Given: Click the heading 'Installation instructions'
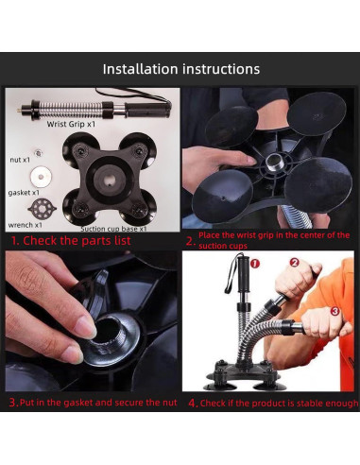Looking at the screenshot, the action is pyautogui.click(x=181, y=69).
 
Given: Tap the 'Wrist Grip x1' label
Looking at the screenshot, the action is pyautogui.click(x=71, y=124).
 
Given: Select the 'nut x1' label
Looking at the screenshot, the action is pyautogui.click(x=20, y=160).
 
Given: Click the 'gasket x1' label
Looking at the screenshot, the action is pyautogui.click(x=24, y=193).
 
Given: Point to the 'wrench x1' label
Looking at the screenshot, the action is pyautogui.click(x=25, y=225).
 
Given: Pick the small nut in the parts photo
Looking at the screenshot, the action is pyautogui.click(x=39, y=153).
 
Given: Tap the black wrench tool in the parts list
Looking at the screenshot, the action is pyautogui.click(x=43, y=208).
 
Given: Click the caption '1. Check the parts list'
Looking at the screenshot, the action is pyautogui.click(x=71, y=240).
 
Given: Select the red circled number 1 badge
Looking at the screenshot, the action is pyautogui.click(x=254, y=264).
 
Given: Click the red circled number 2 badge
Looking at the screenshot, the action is pyautogui.click(x=294, y=263).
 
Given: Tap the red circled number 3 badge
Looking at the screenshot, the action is pyautogui.click(x=334, y=311).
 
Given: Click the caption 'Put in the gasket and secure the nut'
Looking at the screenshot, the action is pyautogui.click(x=98, y=403).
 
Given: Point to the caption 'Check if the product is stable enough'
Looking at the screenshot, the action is pyautogui.click(x=279, y=403).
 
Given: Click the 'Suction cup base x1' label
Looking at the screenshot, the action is pyautogui.click(x=113, y=229).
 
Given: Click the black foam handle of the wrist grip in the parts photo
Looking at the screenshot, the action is pyautogui.click(x=148, y=110).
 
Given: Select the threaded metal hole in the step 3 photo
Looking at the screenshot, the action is pyautogui.click(x=109, y=334).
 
